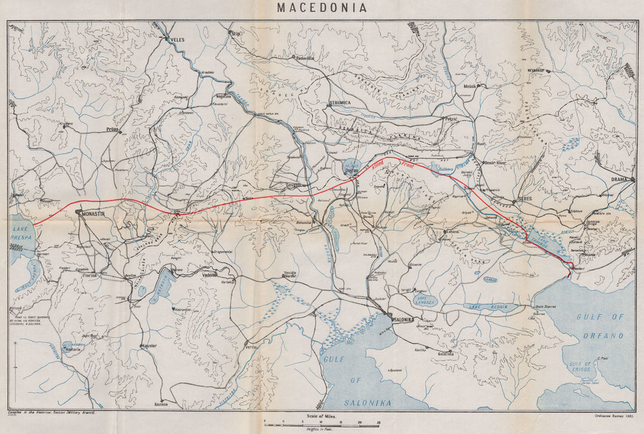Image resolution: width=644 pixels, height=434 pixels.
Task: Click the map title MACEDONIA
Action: pos(322,8)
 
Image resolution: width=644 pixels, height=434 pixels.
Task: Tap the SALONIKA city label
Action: pos(407,319)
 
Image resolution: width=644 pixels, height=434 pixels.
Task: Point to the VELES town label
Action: pos(176,39)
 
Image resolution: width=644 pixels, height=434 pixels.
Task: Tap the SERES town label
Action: pos(527,200)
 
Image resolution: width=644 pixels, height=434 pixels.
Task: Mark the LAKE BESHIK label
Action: pos(492,307)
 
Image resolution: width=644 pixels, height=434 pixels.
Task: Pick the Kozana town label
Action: pos(161,404)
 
